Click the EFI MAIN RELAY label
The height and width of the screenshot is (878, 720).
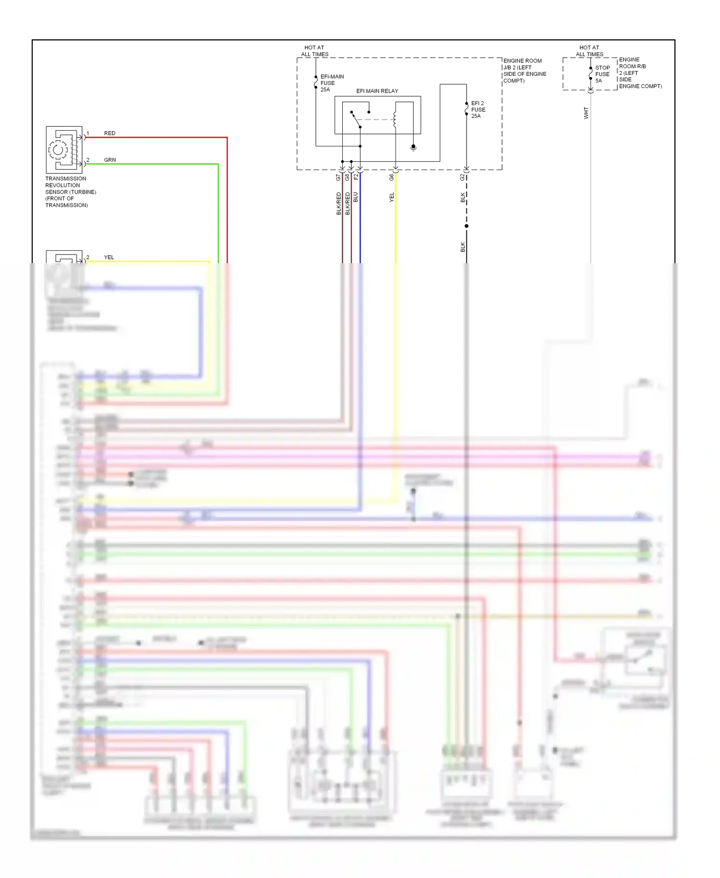(377, 91)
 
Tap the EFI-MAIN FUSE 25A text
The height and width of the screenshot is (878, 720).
(331, 83)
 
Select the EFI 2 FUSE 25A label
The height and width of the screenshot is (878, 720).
(478, 110)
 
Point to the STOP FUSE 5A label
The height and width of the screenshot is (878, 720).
(602, 74)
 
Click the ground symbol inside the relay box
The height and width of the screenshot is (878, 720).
(413, 148)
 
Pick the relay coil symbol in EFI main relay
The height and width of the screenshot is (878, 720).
(395, 120)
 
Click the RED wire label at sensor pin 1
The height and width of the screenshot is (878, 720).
(109, 133)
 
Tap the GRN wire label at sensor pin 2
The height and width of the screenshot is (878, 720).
(109, 160)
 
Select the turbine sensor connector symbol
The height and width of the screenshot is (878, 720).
(64, 149)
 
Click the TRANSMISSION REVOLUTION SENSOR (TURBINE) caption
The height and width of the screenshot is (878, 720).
(70, 192)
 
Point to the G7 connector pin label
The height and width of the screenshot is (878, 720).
(338, 177)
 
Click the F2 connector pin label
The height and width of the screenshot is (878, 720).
(356, 177)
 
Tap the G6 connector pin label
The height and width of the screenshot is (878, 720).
(392, 177)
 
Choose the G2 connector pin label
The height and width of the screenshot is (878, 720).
(463, 177)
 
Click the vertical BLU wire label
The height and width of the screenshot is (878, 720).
(356, 197)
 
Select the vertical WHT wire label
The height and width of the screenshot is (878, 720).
(586, 113)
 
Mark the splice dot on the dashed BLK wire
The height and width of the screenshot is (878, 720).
(467, 226)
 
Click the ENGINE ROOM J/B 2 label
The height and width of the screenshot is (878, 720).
(524, 71)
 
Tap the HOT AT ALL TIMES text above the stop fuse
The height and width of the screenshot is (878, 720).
(589, 51)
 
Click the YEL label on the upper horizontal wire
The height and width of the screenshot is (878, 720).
(109, 257)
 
